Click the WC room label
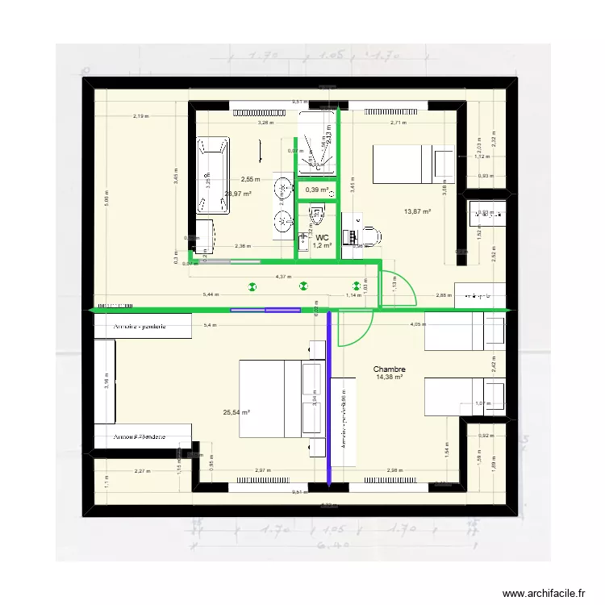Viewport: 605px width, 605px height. click(x=321, y=236)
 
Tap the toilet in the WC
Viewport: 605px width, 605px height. click(x=316, y=216)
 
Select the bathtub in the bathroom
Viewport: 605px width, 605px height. click(x=213, y=175)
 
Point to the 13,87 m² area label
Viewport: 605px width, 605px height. click(x=417, y=211)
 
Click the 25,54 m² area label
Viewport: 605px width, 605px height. click(x=236, y=412)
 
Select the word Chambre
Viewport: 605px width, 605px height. click(x=390, y=369)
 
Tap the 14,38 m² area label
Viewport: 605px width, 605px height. click(x=390, y=377)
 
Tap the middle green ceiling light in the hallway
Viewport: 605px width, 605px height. click(x=303, y=285)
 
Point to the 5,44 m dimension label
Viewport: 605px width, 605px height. click(x=211, y=295)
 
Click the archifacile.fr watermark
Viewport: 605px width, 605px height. click(x=543, y=594)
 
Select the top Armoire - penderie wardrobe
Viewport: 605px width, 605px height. click(x=142, y=327)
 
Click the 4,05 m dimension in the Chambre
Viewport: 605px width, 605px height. click(x=418, y=325)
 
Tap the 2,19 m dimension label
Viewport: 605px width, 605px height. click(x=141, y=117)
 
